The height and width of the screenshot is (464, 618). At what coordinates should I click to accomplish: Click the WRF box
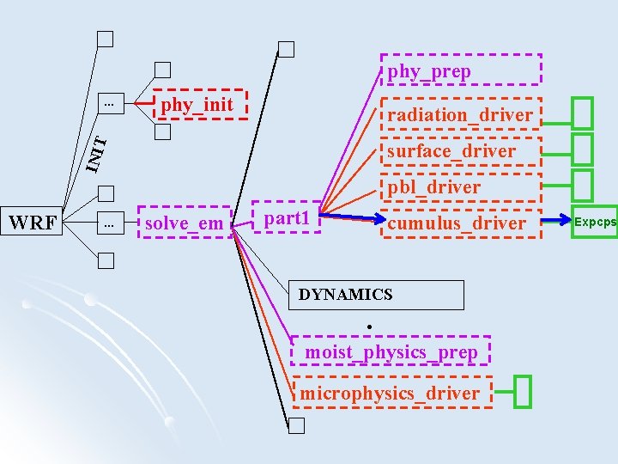coord(33,223)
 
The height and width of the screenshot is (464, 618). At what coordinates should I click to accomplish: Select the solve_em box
coord(185,223)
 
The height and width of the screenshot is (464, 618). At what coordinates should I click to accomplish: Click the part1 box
coord(287,218)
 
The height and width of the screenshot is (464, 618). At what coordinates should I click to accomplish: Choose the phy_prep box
coord(460,70)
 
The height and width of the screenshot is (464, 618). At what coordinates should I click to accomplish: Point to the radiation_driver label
coord(460,115)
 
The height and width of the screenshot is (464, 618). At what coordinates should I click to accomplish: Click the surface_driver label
coord(451,151)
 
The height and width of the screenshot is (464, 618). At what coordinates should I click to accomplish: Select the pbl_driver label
coord(434,186)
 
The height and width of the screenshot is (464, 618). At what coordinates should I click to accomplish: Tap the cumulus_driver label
coord(457,223)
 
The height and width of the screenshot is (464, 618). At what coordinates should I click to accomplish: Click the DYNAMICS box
coord(378,295)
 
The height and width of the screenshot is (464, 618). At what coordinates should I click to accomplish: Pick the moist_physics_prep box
coord(391,351)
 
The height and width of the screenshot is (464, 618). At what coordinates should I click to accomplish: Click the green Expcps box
coord(595,223)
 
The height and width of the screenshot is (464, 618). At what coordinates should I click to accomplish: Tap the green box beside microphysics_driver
coord(524,392)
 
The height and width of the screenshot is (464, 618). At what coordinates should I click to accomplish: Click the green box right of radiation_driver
coord(583,113)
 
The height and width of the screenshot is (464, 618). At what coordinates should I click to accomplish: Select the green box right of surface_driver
coord(583,150)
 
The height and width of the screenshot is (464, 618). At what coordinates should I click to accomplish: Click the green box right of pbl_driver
coord(583,185)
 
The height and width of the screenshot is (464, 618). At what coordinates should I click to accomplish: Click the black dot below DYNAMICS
coord(367,327)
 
